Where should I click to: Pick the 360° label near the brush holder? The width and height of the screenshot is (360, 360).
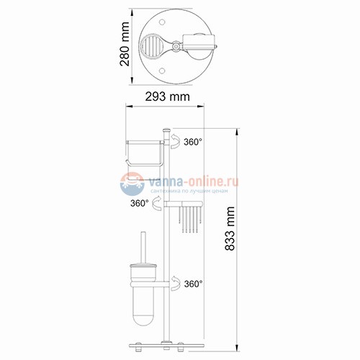point(192,284)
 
